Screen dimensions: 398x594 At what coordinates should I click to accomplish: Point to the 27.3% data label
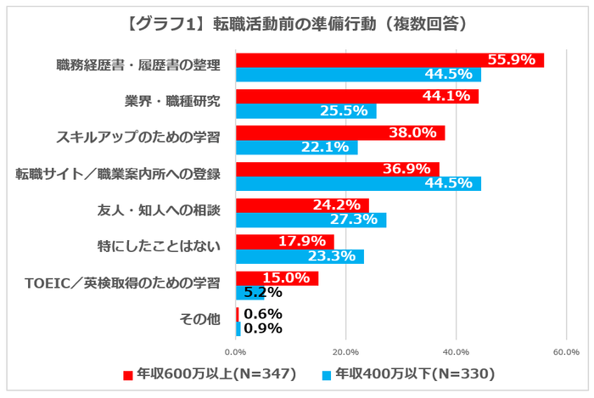pos(361,221)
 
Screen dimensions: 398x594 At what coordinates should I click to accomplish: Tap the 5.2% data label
pos(262,293)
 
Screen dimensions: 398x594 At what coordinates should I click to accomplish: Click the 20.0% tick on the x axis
pos(345,351)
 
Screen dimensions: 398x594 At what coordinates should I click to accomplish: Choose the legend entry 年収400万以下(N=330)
pos(407,373)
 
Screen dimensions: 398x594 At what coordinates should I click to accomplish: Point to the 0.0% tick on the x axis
pos(235,351)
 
